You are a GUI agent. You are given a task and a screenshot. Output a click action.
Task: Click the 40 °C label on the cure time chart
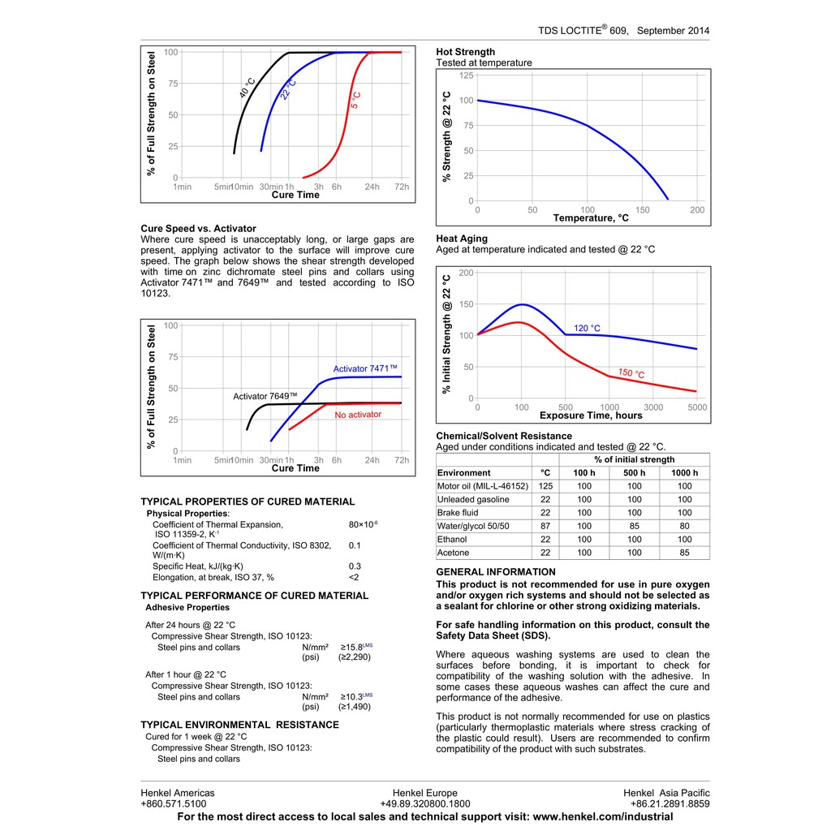click(248, 88)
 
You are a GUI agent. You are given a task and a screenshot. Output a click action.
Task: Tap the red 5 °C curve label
click(355, 101)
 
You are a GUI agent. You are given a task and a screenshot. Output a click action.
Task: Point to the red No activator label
click(358, 415)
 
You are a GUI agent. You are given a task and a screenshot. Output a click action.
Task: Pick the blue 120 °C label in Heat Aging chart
click(587, 329)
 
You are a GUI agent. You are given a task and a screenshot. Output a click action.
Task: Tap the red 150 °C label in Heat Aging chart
click(631, 373)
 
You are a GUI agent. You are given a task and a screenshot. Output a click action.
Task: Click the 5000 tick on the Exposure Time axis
click(697, 407)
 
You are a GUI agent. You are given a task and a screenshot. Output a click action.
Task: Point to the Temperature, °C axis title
click(591, 218)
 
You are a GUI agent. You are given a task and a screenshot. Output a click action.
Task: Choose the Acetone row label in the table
click(453, 553)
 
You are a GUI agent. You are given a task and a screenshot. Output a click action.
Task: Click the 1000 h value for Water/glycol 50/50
click(684, 526)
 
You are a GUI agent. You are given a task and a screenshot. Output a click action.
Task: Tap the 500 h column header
click(634, 473)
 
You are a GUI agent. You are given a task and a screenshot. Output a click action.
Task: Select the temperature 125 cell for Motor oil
click(545, 486)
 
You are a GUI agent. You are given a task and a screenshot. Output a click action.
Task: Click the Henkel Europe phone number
click(424, 804)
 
